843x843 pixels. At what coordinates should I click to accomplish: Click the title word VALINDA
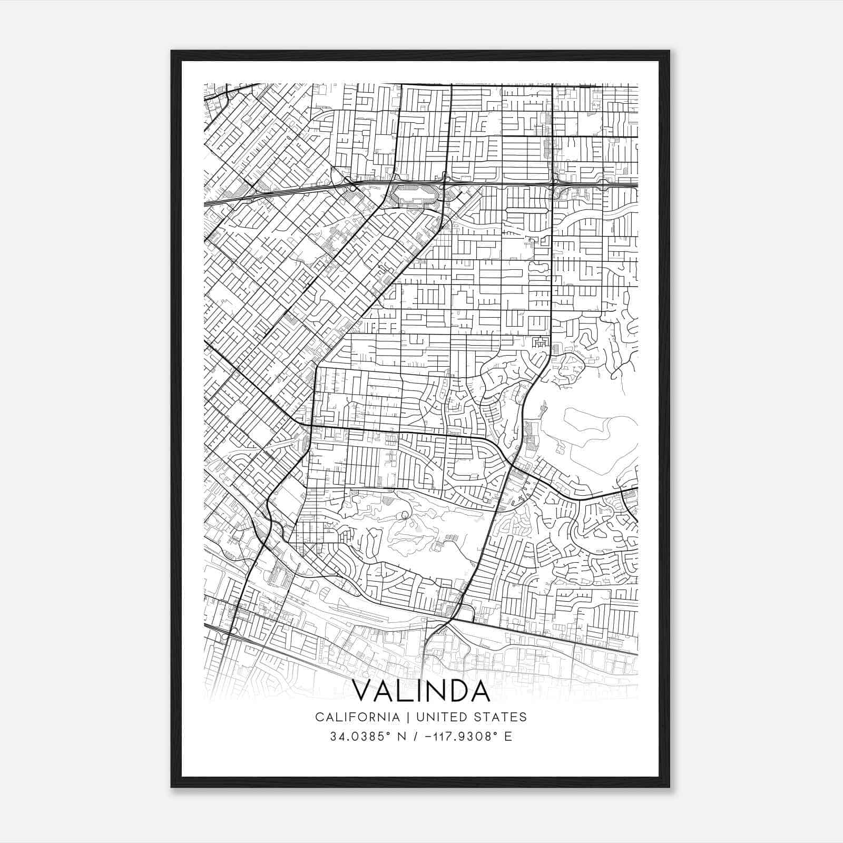(421, 691)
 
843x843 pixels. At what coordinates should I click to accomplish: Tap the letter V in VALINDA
(362, 691)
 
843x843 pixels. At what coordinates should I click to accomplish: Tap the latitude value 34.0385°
(360, 737)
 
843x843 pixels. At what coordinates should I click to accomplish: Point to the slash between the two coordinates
(416, 737)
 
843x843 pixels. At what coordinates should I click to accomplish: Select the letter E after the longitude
(508, 737)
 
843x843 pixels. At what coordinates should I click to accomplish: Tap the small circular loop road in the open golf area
(405, 515)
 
